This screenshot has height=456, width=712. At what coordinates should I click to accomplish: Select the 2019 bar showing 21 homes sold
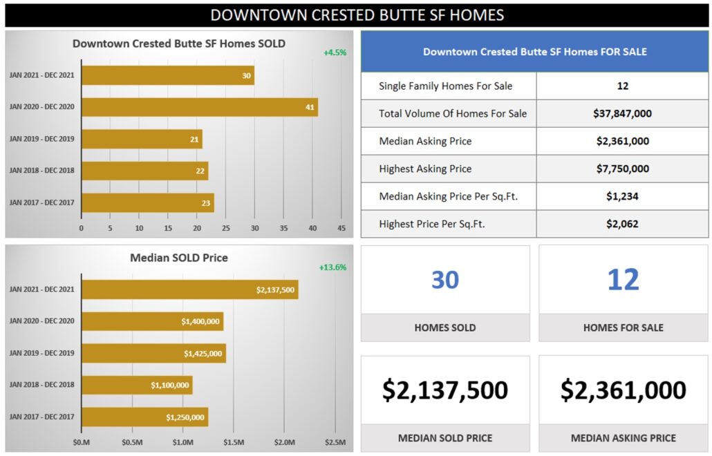(x=142, y=139)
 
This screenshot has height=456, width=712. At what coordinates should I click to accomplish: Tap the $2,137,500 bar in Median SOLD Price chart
(x=189, y=289)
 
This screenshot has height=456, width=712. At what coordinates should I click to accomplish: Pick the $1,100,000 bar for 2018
(x=137, y=385)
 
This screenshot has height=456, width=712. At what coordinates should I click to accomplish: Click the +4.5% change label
(x=335, y=53)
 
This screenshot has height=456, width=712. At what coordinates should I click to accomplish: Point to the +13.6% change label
(x=332, y=267)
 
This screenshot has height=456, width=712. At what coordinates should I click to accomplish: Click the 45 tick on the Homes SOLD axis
(x=341, y=228)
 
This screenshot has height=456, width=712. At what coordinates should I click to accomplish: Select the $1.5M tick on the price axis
(x=233, y=442)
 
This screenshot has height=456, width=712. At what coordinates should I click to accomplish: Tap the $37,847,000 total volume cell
(x=622, y=113)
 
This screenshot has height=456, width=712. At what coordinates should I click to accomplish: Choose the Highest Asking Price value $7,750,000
(x=622, y=169)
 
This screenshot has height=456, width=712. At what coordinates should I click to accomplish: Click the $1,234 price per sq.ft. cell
(x=622, y=196)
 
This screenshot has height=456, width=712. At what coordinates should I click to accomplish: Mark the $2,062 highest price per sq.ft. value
(x=622, y=224)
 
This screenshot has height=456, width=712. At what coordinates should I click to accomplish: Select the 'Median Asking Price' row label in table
(x=425, y=141)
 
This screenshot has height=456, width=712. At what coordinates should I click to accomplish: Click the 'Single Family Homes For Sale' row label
(x=446, y=86)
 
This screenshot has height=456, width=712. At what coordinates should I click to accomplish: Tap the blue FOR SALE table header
(x=534, y=52)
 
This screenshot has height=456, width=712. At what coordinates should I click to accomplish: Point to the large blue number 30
(x=445, y=280)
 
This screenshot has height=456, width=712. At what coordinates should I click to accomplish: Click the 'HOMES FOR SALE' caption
(x=623, y=327)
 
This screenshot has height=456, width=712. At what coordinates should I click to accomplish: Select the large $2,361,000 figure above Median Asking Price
(x=623, y=390)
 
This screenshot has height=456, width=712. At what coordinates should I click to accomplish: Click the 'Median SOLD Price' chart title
(x=179, y=258)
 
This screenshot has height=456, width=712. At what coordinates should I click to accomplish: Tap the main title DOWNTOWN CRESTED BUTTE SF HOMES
(x=357, y=15)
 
